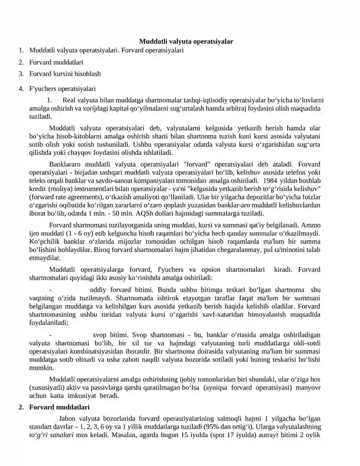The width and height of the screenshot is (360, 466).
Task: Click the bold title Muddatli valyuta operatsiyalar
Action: point(186,41)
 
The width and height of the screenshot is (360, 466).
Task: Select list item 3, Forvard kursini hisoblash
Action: point(65,73)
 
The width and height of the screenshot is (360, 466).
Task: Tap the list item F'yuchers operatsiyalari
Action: point(62,89)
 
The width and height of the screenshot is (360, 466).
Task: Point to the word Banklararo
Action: point(64,164)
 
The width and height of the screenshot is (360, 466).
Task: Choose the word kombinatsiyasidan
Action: point(101,351)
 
